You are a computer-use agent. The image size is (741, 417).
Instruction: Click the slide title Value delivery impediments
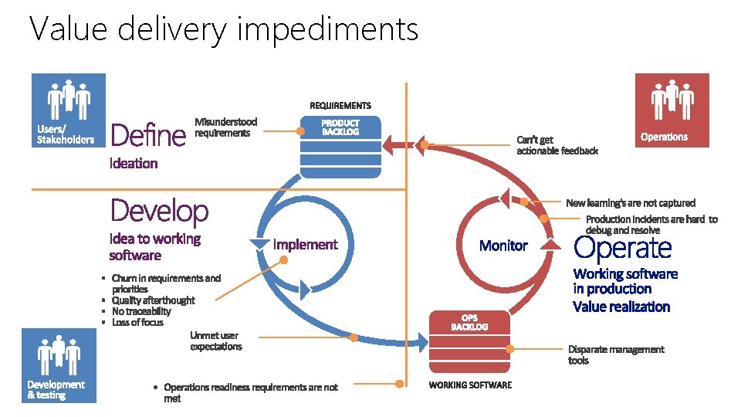click(224, 29)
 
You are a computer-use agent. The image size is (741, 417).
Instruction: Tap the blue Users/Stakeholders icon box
click(67, 110)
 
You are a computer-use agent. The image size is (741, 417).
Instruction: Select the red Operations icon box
click(671, 110)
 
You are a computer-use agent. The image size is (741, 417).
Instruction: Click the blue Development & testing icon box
click(59, 365)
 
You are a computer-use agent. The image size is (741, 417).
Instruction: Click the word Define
click(149, 136)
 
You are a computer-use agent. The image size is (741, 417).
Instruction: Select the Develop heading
click(160, 210)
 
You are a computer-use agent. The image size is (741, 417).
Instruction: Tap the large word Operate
click(623, 248)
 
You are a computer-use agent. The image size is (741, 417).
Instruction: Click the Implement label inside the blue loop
click(306, 245)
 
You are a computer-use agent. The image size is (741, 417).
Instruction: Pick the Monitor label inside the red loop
click(503, 246)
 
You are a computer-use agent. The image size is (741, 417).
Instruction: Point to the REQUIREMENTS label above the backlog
click(340, 105)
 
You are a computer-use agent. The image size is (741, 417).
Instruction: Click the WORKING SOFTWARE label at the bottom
click(470, 385)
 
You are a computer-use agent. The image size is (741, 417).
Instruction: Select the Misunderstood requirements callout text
click(225, 127)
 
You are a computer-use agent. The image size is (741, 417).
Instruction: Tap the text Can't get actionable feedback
click(557, 145)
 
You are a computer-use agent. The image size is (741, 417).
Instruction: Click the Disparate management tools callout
click(615, 354)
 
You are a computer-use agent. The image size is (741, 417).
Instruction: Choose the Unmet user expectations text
click(215, 341)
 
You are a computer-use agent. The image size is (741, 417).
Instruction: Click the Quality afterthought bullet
click(153, 300)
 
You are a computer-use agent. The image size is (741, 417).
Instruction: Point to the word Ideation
click(134, 164)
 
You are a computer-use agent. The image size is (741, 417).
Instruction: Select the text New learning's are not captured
click(630, 203)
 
